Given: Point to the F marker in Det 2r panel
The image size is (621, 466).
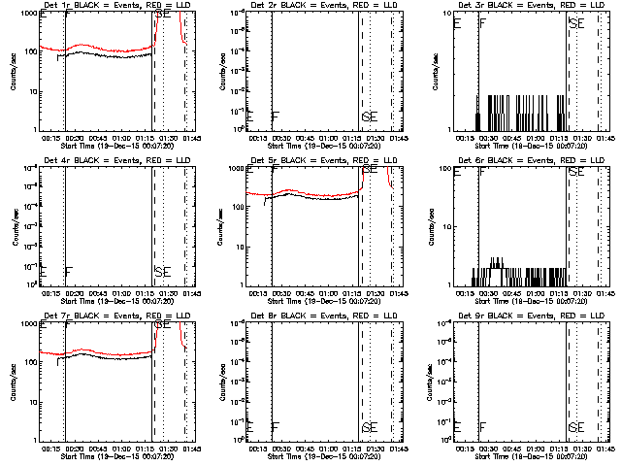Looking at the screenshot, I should pyautogui.click(x=276, y=116).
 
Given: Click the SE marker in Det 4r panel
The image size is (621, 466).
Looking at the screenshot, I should pyautogui.click(x=162, y=271).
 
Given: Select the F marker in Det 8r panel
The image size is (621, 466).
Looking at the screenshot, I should pyautogui.click(x=276, y=427).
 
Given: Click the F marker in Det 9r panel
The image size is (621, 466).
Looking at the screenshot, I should pyautogui.click(x=483, y=427).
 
